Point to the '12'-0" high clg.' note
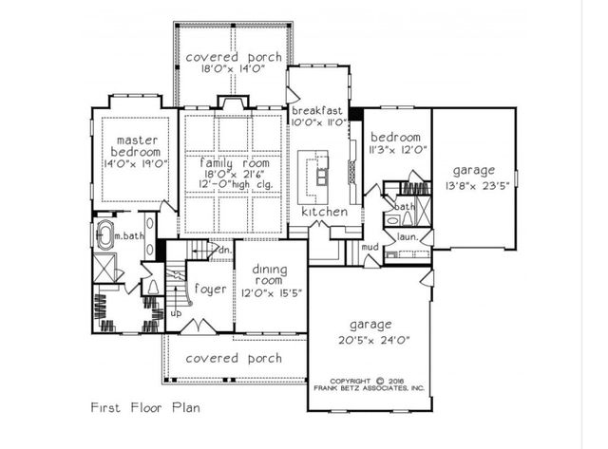(234, 188)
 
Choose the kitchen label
(324, 212)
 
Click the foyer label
(210, 289)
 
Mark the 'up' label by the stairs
(176, 311)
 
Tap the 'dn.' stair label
(224, 250)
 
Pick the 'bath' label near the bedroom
(405, 206)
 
